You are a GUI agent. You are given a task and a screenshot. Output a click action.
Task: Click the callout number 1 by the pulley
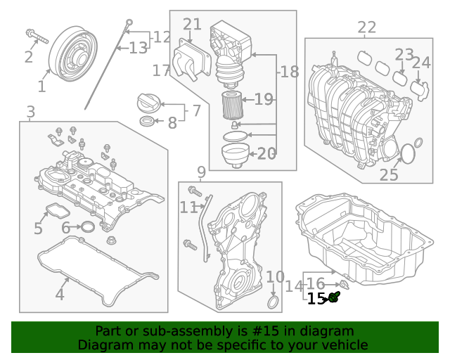[x=41, y=86]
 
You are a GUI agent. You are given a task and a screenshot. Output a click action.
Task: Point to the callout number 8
[x=172, y=123]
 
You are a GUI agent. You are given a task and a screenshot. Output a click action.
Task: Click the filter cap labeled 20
[x=234, y=154]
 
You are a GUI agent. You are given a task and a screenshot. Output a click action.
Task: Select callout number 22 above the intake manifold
[x=366, y=27]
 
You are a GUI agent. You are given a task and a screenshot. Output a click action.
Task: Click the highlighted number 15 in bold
[x=316, y=299]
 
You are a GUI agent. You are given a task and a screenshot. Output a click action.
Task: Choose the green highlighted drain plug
[x=335, y=298]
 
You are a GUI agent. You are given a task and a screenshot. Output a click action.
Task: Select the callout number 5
[x=38, y=229]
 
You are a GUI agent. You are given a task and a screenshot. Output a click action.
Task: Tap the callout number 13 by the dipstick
[x=139, y=48]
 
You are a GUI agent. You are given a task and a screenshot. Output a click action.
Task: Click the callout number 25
[x=389, y=174]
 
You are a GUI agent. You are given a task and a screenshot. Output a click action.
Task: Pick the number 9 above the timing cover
[x=201, y=172]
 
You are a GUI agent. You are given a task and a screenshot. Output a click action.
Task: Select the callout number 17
[x=161, y=70]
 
